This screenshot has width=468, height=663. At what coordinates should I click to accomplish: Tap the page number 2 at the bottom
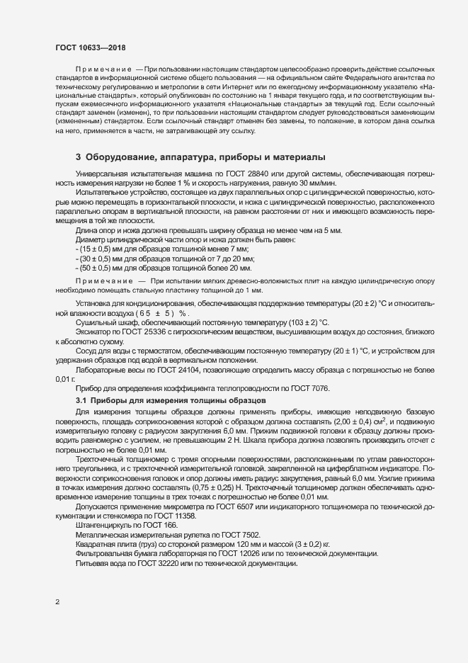click(x=57, y=602)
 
